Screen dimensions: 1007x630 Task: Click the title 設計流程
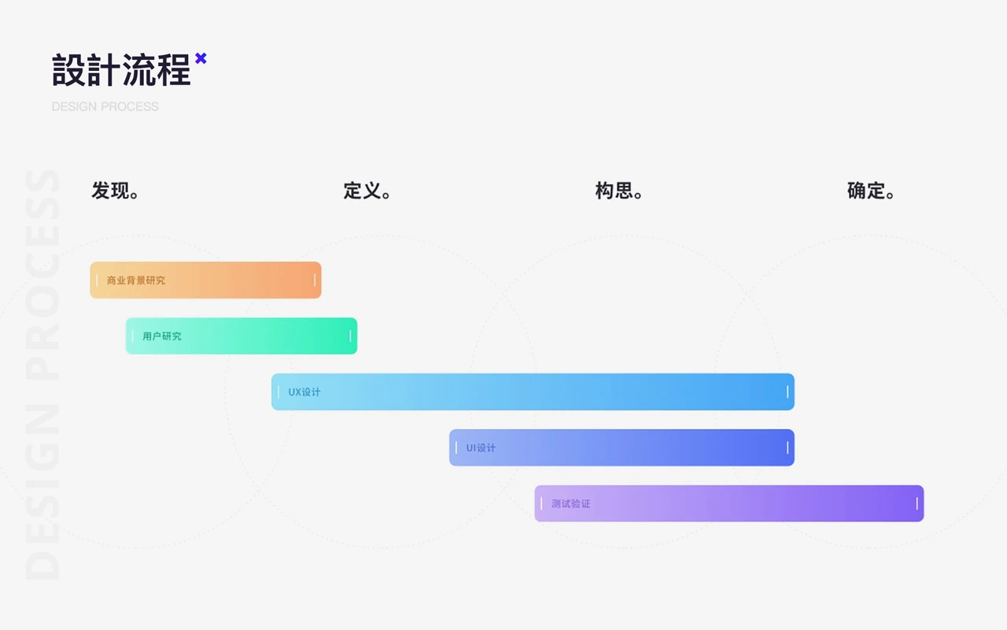point(121,70)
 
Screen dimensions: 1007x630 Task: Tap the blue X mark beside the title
point(201,58)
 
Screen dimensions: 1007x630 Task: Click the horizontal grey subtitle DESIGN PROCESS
point(105,106)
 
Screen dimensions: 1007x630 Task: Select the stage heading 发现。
point(115,191)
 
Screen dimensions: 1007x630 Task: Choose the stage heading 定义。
point(367,191)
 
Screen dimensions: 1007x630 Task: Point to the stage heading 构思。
point(619,191)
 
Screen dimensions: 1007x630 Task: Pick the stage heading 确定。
point(871,191)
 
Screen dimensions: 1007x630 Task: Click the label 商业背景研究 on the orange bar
point(136,280)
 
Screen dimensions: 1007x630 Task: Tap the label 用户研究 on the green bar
point(162,336)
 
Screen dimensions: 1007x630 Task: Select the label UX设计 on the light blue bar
point(304,392)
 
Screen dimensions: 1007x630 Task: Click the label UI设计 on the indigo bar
point(481,448)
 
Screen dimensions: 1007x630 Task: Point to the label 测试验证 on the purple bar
point(571,503)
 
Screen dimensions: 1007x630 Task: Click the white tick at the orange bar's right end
point(315,280)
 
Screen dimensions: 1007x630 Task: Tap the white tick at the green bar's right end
point(350,336)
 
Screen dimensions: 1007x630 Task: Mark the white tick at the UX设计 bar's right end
point(788,392)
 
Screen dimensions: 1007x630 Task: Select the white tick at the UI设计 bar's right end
point(788,448)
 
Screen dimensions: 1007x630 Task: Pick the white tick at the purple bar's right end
point(917,503)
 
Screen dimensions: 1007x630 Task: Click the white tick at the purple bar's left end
point(541,503)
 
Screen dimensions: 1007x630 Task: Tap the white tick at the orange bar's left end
point(97,280)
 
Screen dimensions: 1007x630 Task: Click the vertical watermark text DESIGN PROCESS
point(42,374)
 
